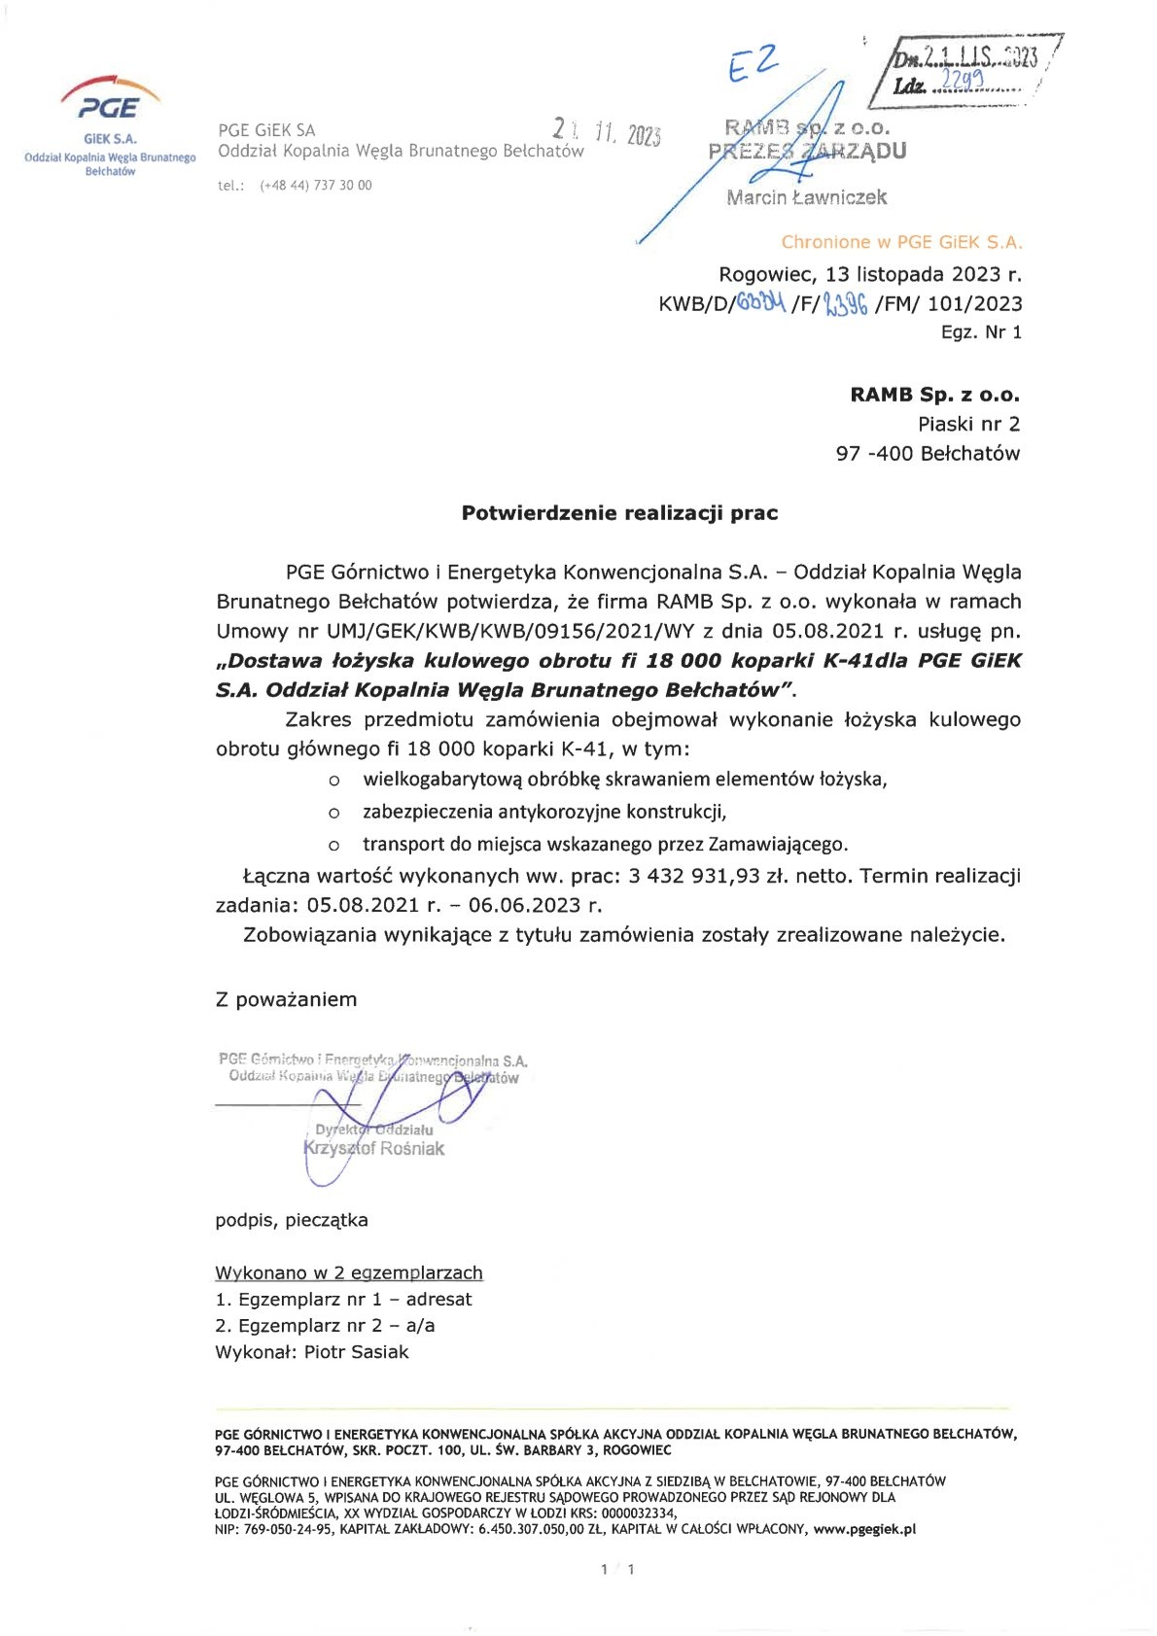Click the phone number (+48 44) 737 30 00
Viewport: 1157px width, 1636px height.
tap(315, 186)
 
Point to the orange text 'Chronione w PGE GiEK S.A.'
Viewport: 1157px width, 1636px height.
tap(901, 242)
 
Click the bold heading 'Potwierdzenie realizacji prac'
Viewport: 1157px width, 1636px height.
tap(619, 513)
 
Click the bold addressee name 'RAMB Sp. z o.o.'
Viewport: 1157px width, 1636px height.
tap(934, 395)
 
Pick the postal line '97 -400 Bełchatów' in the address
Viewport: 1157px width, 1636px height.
tap(928, 453)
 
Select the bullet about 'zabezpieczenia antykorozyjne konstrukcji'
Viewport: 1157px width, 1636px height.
tap(544, 812)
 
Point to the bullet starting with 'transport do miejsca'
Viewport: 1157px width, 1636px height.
tap(605, 844)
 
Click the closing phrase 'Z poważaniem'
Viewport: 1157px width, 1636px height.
tap(286, 999)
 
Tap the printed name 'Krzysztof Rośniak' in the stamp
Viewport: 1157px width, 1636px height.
tap(374, 1149)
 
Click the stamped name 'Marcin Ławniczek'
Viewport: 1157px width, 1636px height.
tap(806, 197)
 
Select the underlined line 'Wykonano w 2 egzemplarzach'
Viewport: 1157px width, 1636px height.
tap(348, 1272)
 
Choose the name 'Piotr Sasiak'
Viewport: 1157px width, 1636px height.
tap(356, 1352)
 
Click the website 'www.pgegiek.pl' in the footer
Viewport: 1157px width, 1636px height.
tap(864, 1529)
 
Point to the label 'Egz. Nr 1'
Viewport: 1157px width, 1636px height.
tap(981, 332)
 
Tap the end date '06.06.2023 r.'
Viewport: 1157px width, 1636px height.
tap(535, 906)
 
